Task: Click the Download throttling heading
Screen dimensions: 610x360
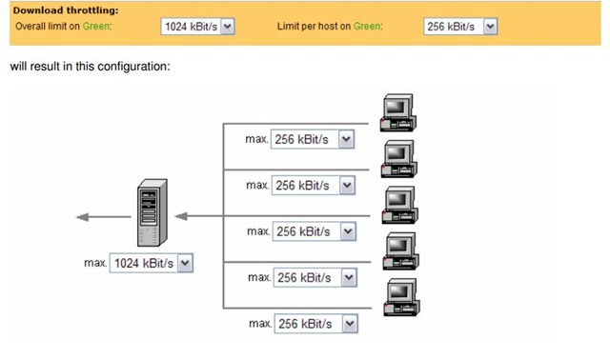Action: click(x=66, y=10)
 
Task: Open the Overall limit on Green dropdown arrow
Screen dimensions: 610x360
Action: click(x=228, y=27)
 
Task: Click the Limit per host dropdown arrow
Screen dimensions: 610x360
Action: click(x=490, y=27)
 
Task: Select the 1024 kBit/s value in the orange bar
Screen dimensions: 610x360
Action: click(x=191, y=27)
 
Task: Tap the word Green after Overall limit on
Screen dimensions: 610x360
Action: click(x=95, y=26)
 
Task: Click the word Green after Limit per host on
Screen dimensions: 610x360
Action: click(x=366, y=26)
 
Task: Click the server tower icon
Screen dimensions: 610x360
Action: click(x=152, y=212)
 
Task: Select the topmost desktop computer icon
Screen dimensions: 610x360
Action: click(x=397, y=112)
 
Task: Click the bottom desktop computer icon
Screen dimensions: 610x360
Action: click(x=401, y=297)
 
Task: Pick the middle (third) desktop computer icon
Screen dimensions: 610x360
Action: click(x=399, y=205)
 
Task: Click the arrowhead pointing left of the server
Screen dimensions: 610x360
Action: click(x=83, y=217)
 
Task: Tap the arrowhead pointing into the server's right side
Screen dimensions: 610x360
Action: click(x=181, y=216)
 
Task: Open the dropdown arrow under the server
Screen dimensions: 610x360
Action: click(x=185, y=263)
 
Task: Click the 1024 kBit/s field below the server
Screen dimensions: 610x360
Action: click(x=144, y=263)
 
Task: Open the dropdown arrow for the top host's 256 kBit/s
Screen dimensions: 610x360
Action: click(x=346, y=139)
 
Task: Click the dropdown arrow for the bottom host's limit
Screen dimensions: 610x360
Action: click(x=350, y=324)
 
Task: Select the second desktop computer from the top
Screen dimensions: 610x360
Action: click(x=398, y=159)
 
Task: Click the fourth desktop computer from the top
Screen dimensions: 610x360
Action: click(x=400, y=251)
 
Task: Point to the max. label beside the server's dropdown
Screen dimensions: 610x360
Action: click(x=95, y=263)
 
